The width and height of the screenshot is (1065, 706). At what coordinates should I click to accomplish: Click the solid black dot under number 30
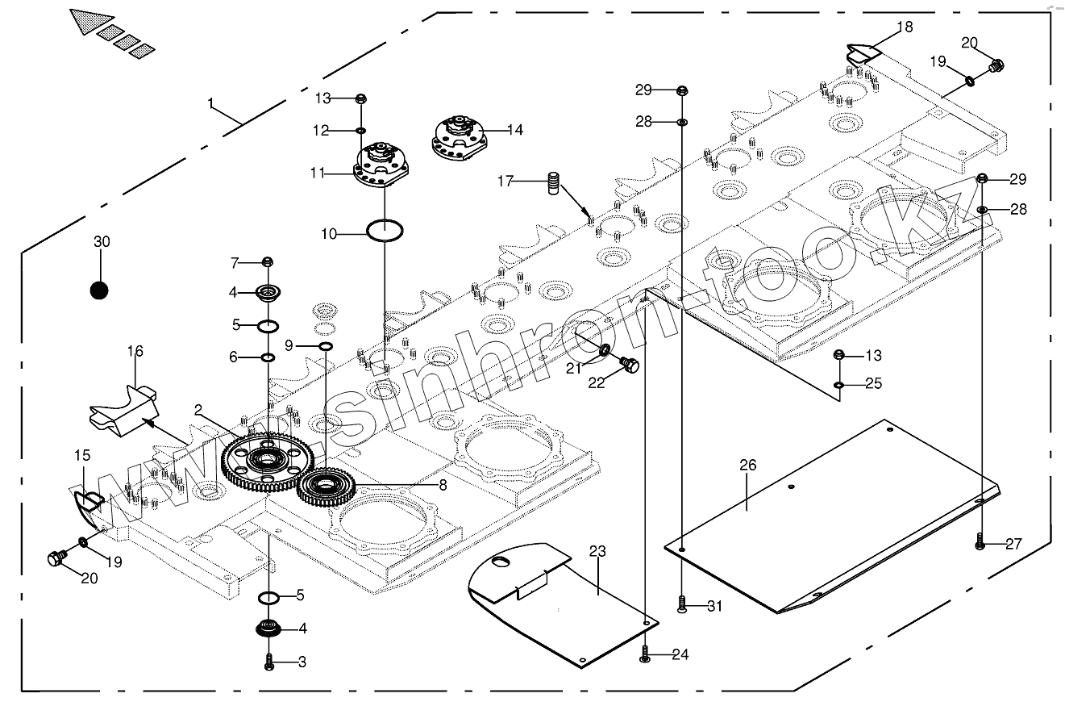click(99, 290)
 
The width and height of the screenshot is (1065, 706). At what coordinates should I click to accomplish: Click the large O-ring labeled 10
click(385, 232)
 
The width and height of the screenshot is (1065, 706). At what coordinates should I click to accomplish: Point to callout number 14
click(514, 129)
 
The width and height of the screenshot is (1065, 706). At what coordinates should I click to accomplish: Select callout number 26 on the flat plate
click(747, 465)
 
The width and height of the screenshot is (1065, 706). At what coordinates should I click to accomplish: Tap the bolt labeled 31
click(682, 605)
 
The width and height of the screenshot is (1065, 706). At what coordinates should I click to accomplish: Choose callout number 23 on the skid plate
click(597, 553)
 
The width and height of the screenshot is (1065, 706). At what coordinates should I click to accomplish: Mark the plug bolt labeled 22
click(632, 367)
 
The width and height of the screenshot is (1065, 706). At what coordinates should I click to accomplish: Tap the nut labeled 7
click(268, 262)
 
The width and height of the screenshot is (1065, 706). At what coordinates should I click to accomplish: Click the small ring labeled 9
click(326, 347)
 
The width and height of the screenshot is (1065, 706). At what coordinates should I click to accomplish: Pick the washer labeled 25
click(839, 384)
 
